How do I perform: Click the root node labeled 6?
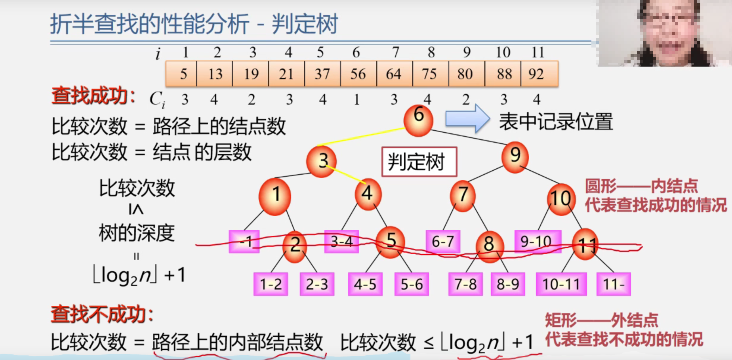click(x=418, y=120)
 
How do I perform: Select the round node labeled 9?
click(x=515, y=157)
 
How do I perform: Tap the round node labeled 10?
click(x=560, y=199)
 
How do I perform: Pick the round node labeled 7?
click(x=463, y=195)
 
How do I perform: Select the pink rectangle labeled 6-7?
click(x=443, y=242)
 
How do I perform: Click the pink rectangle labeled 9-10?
click(x=538, y=241)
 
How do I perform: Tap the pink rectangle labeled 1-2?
click(x=271, y=284)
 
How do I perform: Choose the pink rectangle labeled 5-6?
click(x=412, y=284)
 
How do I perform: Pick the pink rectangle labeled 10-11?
click(x=561, y=284)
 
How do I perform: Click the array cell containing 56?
click(x=358, y=74)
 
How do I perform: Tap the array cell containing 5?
click(x=182, y=74)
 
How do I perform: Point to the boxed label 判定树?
click(x=419, y=162)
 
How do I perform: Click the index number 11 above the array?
click(x=538, y=52)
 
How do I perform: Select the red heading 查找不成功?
click(x=102, y=315)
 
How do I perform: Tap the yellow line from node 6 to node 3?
click(x=360, y=137)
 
